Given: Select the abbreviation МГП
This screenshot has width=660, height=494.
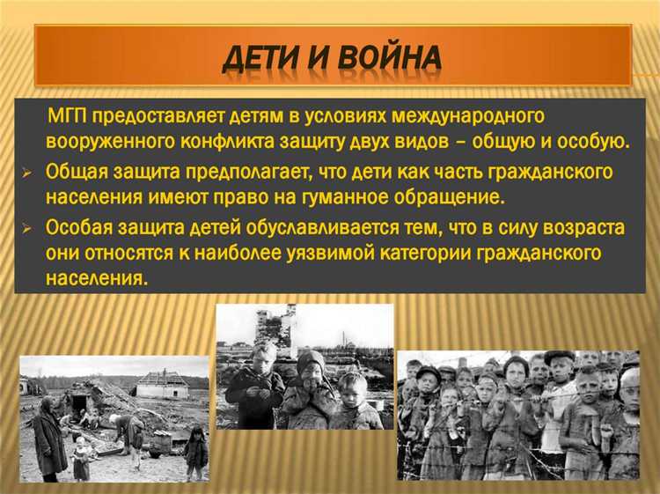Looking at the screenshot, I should click(68, 116).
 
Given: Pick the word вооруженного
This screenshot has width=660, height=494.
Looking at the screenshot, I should click(100, 141).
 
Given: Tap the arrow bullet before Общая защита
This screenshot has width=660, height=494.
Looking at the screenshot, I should click(26, 173).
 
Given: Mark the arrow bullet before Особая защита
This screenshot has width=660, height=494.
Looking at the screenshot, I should click(26, 228).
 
